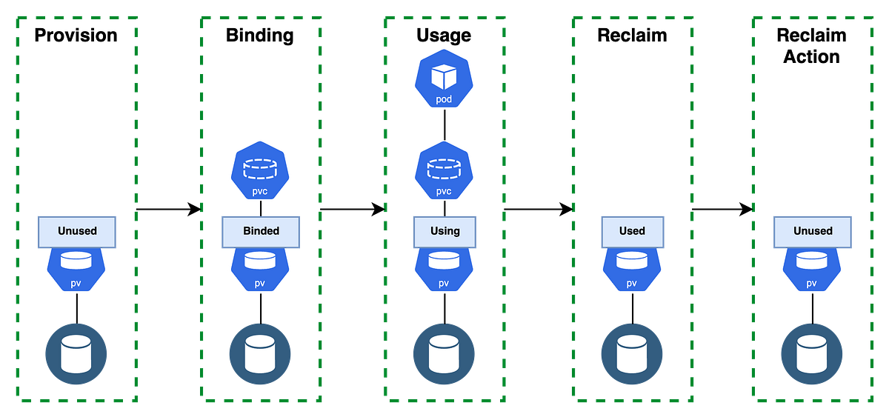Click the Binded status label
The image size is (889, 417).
(261, 231)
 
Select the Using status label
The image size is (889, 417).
(444, 231)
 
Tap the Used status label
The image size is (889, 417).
(632, 231)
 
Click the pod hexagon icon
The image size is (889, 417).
(443, 79)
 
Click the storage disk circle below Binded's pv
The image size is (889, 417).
(260, 354)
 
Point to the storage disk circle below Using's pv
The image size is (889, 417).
(443, 354)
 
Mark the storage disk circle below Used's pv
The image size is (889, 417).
(631, 354)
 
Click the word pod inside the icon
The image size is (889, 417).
(443, 99)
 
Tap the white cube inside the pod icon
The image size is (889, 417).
(443, 76)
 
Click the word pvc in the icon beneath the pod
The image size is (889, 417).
(443, 191)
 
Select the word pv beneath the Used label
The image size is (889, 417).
(631, 284)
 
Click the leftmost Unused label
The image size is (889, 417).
(77, 231)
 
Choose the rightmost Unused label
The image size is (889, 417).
(813, 231)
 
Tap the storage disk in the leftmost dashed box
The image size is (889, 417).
(76, 354)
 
